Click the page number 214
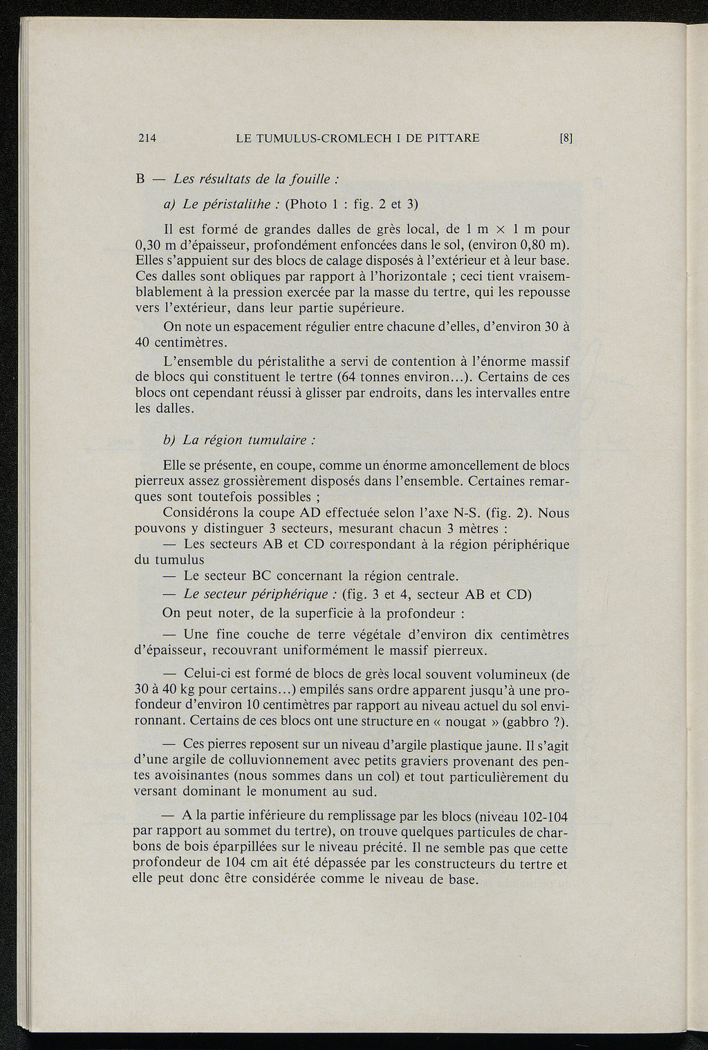[147, 138]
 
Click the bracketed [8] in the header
[566, 138]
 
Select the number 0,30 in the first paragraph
[149, 246]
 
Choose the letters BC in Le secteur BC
[261, 575]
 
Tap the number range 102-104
[543, 816]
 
